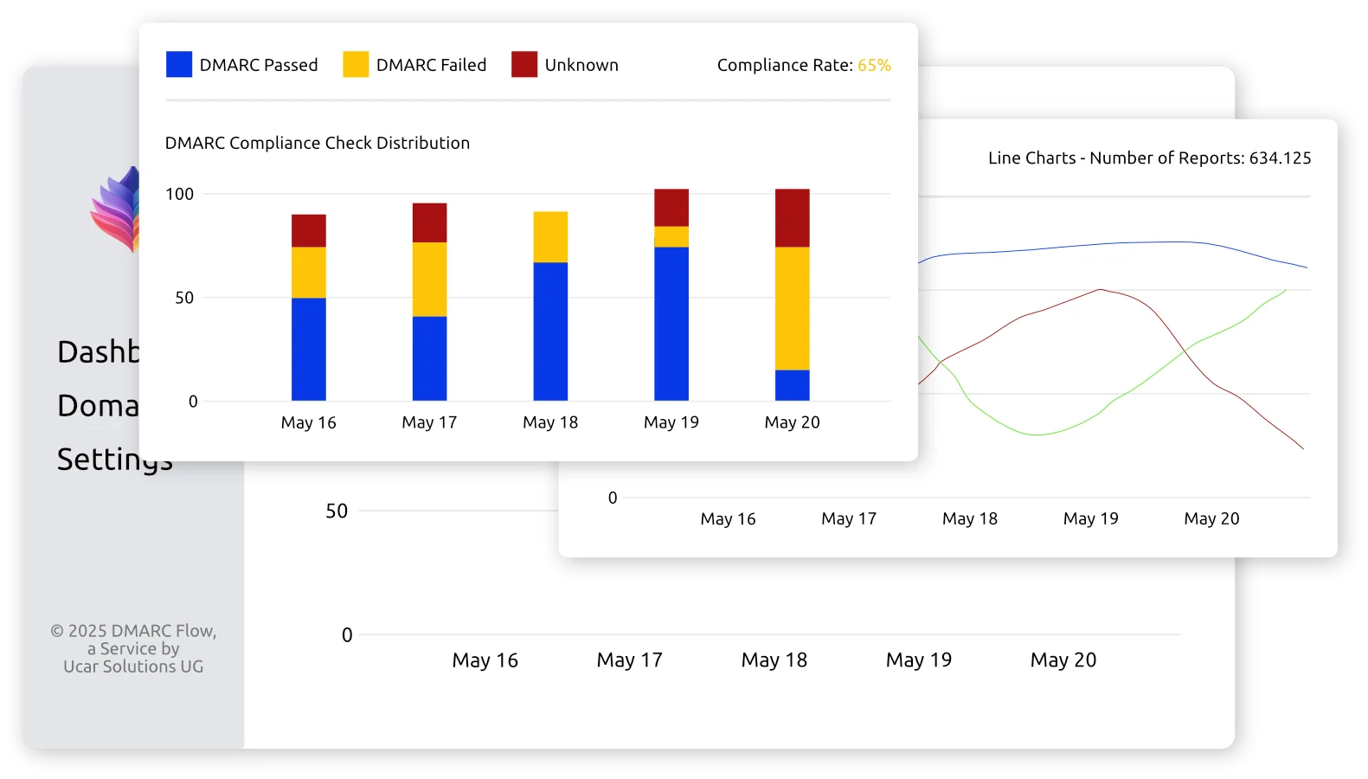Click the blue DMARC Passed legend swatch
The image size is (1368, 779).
click(x=179, y=65)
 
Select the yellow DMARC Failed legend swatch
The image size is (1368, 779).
click(x=356, y=65)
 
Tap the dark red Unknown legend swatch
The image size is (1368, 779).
click(x=524, y=65)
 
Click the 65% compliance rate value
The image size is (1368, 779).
click(x=874, y=66)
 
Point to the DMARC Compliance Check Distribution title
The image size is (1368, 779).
click(x=318, y=143)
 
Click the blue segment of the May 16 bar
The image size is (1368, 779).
click(x=309, y=349)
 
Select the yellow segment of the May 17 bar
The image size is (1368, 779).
click(x=429, y=279)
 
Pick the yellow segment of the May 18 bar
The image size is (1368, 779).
click(x=550, y=237)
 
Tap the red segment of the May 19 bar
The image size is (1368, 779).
click(x=671, y=208)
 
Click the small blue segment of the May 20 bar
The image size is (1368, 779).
click(x=793, y=385)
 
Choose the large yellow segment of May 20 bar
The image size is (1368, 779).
click(x=793, y=308)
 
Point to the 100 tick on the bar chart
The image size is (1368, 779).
click(x=180, y=194)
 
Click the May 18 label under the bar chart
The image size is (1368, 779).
click(x=550, y=422)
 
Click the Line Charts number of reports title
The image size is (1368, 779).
click(x=1149, y=158)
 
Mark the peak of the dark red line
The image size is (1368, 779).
click(x=1101, y=290)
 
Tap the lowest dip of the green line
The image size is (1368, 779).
click(x=1037, y=434)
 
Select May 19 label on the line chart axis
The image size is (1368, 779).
click(x=1090, y=518)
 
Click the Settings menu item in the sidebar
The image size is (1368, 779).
click(x=113, y=459)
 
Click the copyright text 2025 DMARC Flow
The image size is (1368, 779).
click(x=133, y=631)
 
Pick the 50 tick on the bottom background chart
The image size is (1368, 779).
click(x=337, y=512)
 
